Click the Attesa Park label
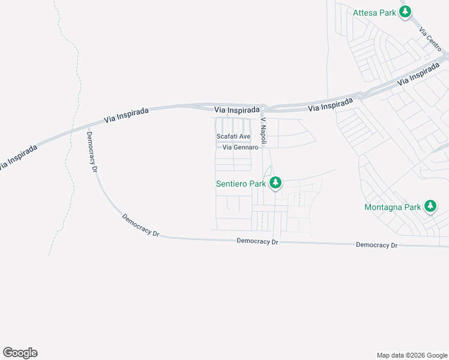375,12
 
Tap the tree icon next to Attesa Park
406,11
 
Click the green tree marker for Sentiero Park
275,182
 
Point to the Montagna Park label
393,208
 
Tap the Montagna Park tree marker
430,206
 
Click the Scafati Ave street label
234,137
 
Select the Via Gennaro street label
240,148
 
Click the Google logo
20,353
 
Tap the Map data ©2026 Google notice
411,355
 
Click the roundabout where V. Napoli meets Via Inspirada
264,108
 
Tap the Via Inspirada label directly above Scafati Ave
238,110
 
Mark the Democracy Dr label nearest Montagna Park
377,245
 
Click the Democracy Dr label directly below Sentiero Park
258,241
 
